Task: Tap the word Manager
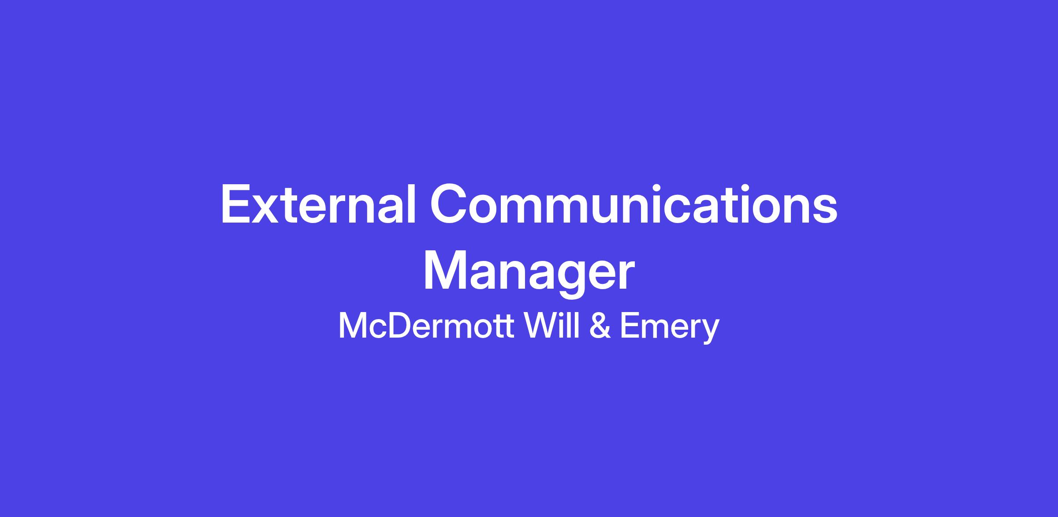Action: pyautogui.click(x=529, y=273)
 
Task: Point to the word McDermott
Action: pyautogui.click(x=425, y=326)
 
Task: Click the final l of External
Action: pyautogui.click(x=412, y=205)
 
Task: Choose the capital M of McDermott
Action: pyautogui.click(x=352, y=326)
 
